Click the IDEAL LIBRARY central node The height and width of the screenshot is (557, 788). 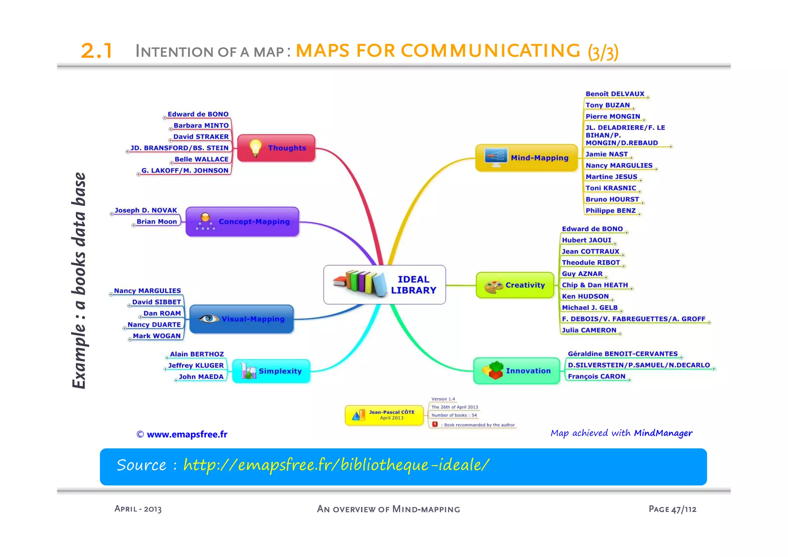point(385,285)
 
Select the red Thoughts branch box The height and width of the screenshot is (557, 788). point(277,148)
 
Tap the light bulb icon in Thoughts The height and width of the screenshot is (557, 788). point(255,148)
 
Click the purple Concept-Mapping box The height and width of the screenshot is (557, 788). point(242,222)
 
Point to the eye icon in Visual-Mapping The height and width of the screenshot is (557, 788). point(209,319)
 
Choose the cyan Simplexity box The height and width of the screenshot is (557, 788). point(271,371)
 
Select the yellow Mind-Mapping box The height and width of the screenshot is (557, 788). point(527,158)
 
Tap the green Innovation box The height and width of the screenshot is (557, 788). point(516,371)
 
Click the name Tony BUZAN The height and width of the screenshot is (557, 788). point(608,105)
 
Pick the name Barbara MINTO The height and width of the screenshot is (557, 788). point(201,125)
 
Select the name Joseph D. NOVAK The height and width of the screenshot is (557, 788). point(146,210)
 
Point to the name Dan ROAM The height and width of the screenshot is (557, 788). point(162,313)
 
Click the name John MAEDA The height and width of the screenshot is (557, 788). point(201,376)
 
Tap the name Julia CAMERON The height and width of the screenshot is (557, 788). point(589,330)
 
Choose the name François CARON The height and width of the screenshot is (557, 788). point(596,376)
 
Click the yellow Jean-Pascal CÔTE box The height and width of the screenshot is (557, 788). point(384,415)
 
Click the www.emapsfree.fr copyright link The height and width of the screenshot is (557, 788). point(187,435)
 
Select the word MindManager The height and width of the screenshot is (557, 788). point(663,433)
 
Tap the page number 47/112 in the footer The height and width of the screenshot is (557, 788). point(684,509)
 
